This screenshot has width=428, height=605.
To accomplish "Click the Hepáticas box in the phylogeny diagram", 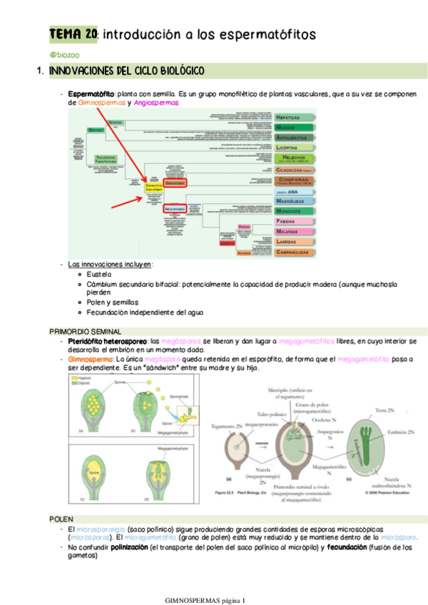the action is pyautogui.click(x=295, y=116).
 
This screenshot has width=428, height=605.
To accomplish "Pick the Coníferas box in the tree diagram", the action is pyautogui.click(x=295, y=181).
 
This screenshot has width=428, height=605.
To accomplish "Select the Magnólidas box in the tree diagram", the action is pyautogui.click(x=295, y=201).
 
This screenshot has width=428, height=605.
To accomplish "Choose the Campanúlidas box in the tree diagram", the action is pyautogui.click(x=295, y=252).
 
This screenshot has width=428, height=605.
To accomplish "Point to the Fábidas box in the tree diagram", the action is pyautogui.click(x=295, y=222).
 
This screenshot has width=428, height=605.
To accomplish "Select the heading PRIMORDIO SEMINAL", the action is pyautogui.click(x=86, y=332).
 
